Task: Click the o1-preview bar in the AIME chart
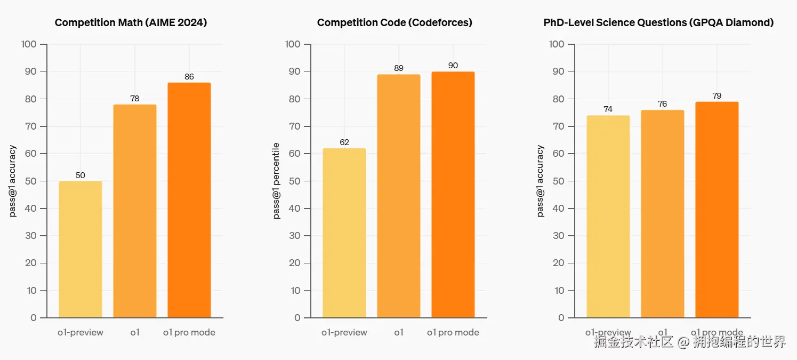click(x=80, y=249)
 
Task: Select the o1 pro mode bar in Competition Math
click(x=189, y=200)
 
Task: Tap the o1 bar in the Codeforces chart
click(x=399, y=196)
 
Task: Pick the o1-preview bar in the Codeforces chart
click(x=344, y=233)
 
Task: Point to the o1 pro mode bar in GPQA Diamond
click(x=717, y=210)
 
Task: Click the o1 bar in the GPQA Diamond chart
click(x=663, y=213)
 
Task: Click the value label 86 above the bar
click(x=189, y=77)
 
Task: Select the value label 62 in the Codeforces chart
click(x=344, y=142)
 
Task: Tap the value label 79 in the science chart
click(x=717, y=96)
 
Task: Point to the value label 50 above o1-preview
click(x=80, y=175)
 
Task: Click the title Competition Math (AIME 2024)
click(x=131, y=22)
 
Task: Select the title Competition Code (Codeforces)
click(x=395, y=22)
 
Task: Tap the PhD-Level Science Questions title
click(x=658, y=22)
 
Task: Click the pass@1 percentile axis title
click(x=277, y=181)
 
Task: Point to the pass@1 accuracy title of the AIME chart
click(x=13, y=181)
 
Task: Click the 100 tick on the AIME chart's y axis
click(x=29, y=44)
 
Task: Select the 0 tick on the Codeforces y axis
click(x=297, y=318)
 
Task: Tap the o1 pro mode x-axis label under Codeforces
click(x=453, y=332)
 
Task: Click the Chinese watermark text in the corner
click(x=690, y=342)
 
